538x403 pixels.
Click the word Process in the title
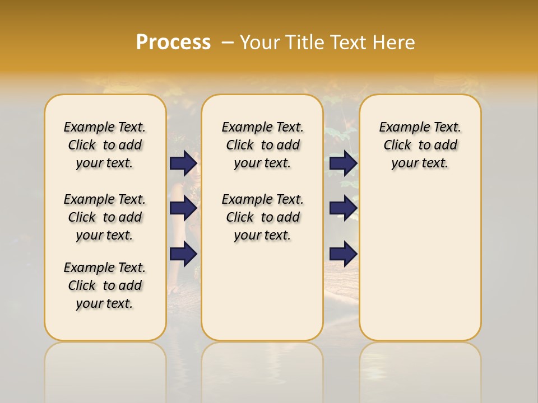coord(173,42)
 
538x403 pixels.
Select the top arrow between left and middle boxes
coord(183,163)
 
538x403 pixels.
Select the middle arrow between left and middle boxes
coord(183,208)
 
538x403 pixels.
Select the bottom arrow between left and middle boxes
coord(183,254)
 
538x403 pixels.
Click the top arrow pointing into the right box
coord(343,163)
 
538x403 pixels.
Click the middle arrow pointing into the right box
coord(343,208)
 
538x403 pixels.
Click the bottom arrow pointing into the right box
coord(343,254)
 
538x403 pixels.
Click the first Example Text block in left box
coord(105,145)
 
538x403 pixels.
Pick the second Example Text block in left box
coord(105,217)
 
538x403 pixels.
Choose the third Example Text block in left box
coord(105,285)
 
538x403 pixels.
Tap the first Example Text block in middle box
coord(262,145)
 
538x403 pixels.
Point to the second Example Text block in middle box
coord(262,217)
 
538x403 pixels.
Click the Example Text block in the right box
coord(420,145)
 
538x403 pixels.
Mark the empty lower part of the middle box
coord(262,291)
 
